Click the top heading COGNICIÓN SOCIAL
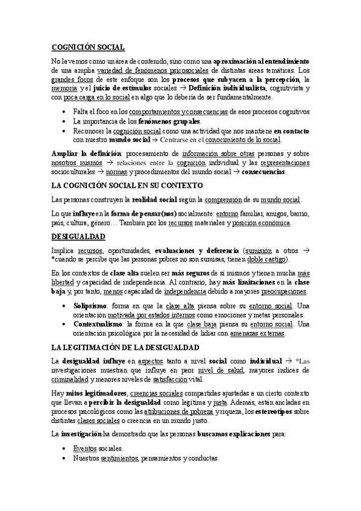coord(88,47)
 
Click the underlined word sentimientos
coord(118,458)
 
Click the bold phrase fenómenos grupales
coord(169,121)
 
